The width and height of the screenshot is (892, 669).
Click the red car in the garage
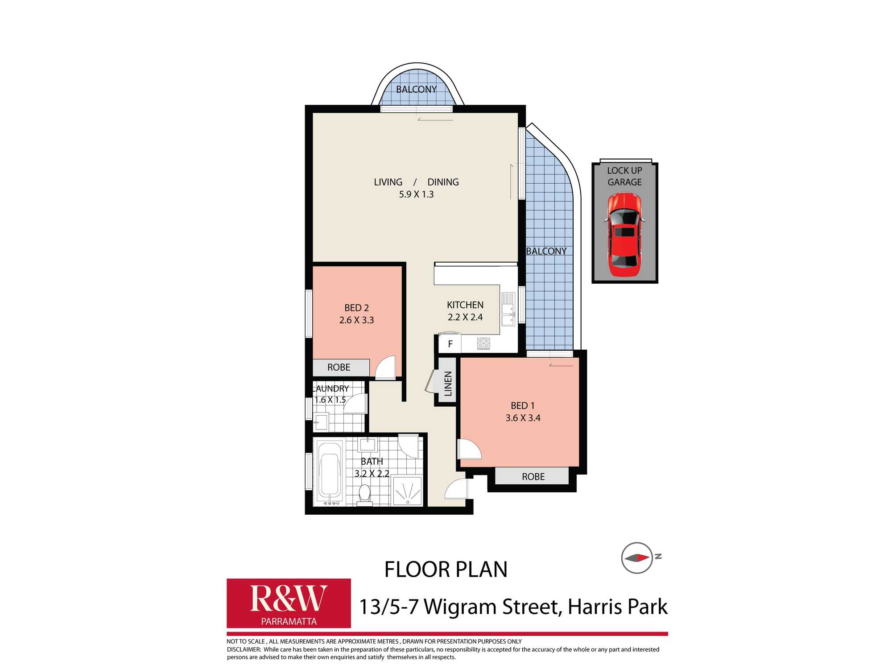pos(624,235)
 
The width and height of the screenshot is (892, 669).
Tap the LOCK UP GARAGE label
pos(624,176)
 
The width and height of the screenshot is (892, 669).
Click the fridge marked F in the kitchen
pos(450,344)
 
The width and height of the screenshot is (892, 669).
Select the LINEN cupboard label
pos(448,383)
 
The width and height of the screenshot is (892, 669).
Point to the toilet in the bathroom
pos(364,494)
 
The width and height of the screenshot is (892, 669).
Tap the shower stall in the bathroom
pos(407,491)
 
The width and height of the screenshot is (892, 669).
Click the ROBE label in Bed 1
pos(533,476)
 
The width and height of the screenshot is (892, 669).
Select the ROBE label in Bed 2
pos(339,367)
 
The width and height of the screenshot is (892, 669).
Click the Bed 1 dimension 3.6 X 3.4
pos(523,418)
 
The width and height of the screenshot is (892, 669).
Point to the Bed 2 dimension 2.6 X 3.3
pos(356,320)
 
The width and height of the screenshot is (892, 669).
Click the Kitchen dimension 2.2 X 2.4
pos(465,317)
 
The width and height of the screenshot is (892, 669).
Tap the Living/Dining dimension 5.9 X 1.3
pos(416,194)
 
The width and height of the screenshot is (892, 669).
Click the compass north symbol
pos(637,558)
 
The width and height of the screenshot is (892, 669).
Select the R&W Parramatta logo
pos(289,603)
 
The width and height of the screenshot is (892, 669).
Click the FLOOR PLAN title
pos(446,570)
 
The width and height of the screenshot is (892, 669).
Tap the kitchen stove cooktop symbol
pos(483,343)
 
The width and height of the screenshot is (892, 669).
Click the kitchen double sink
pos(508,309)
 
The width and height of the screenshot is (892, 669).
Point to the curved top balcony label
pos(416,89)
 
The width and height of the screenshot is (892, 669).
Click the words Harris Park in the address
pos(617,607)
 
